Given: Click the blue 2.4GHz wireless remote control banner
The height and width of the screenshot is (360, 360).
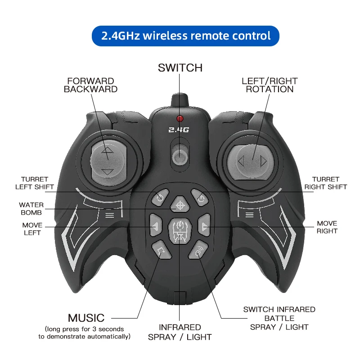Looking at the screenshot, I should coord(186,36).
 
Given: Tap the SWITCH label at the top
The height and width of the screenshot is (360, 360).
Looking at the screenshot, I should coord(180,68).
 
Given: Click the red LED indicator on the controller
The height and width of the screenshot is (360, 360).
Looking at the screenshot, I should coord(180,118).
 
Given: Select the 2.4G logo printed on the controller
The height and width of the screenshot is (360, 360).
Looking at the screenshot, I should coord(180,130).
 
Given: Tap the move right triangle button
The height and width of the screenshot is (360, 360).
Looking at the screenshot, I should coord(205,226).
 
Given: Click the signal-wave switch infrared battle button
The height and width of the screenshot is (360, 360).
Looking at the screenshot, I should coord(199,250).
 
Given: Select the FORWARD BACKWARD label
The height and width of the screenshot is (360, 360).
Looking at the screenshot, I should coord(90,85).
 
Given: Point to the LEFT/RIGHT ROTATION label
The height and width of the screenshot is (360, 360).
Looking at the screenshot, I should coord(270,85).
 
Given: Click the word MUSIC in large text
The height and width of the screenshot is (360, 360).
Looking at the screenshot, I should coord(86,318).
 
